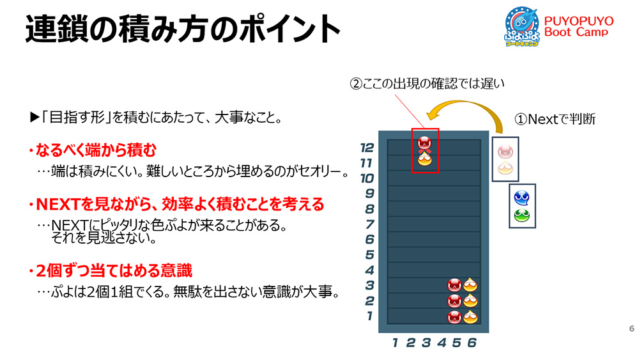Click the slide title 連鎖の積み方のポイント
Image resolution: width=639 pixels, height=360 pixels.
pyautogui.click(x=183, y=29)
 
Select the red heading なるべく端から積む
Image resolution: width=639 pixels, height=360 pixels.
pyautogui.click(x=93, y=150)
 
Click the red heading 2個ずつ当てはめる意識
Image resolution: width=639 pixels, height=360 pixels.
pyautogui.click(x=111, y=270)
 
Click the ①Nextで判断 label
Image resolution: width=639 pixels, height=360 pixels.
pyautogui.click(x=555, y=119)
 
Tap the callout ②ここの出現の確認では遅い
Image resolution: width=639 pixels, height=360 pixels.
pyautogui.click(x=427, y=84)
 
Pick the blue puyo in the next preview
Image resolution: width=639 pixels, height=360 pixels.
pyautogui.click(x=521, y=198)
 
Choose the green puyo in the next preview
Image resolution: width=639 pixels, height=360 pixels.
pyautogui.click(x=521, y=215)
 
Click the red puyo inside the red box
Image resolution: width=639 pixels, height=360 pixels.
pyautogui.click(x=424, y=143)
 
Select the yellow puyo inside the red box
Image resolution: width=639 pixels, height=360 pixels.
pyautogui.click(x=424, y=159)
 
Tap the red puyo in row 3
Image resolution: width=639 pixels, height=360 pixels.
pyautogui.click(x=454, y=285)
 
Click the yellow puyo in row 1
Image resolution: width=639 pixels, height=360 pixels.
pyautogui.click(x=470, y=317)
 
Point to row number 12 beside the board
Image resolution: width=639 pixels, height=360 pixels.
pyautogui.click(x=367, y=147)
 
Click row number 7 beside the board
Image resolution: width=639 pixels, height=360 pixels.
pyautogui.click(x=369, y=224)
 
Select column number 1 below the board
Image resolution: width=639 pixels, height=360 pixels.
pyautogui.click(x=395, y=343)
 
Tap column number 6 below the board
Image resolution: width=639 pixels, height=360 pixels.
pyautogui.click(x=472, y=343)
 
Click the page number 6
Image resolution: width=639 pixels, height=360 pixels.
pyautogui.click(x=632, y=328)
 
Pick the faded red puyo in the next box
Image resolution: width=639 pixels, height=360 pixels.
pyautogui.click(x=505, y=152)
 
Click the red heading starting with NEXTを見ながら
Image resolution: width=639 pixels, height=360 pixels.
pyautogui.click(x=176, y=204)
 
